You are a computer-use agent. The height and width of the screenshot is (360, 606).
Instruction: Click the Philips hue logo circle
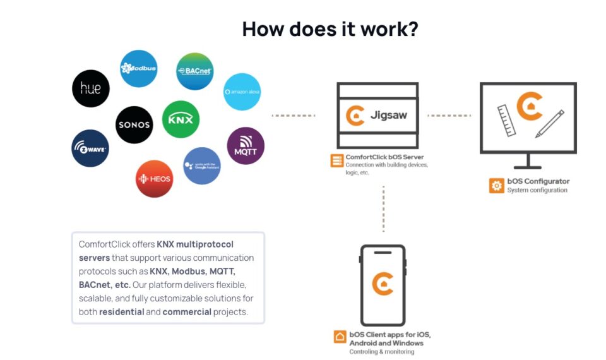(x=91, y=88)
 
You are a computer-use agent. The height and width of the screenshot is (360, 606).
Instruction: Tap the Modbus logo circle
(x=138, y=68)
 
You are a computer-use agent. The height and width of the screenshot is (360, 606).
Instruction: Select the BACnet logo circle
(x=194, y=71)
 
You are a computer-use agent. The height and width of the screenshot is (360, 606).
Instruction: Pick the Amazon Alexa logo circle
(x=242, y=92)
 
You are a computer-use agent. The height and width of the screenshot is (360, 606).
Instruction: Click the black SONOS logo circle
(x=134, y=124)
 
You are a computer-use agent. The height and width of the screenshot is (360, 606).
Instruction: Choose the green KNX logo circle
(x=181, y=119)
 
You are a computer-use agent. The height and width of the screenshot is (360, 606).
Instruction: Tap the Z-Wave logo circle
(x=90, y=148)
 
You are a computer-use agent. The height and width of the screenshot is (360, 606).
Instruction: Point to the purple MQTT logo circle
(x=245, y=146)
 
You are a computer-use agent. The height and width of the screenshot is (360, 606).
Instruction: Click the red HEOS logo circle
(x=154, y=179)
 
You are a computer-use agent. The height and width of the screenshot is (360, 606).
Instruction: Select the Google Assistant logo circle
(x=201, y=165)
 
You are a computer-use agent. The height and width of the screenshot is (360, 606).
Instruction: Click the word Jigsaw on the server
(x=389, y=116)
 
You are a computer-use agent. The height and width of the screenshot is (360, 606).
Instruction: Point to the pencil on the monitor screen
(x=549, y=124)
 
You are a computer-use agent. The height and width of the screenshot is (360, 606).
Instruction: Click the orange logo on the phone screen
(x=383, y=284)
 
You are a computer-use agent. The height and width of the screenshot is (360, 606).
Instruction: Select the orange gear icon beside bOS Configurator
(x=497, y=186)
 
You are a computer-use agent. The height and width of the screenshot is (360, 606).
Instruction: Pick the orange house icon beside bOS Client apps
(x=340, y=337)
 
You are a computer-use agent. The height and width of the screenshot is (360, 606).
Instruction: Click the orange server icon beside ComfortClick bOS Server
(x=336, y=160)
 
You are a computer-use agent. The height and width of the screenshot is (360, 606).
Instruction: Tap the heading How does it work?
(x=330, y=28)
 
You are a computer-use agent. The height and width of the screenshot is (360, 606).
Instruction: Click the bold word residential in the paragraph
(x=121, y=312)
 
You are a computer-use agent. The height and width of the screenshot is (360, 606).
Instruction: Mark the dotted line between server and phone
(x=383, y=208)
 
